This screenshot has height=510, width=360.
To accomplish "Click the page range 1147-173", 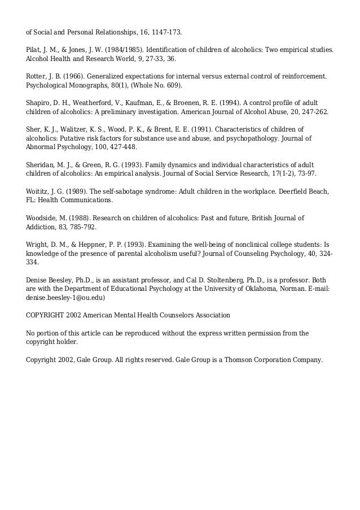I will tap(166, 26).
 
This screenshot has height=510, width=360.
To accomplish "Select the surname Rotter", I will tap(37, 75).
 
